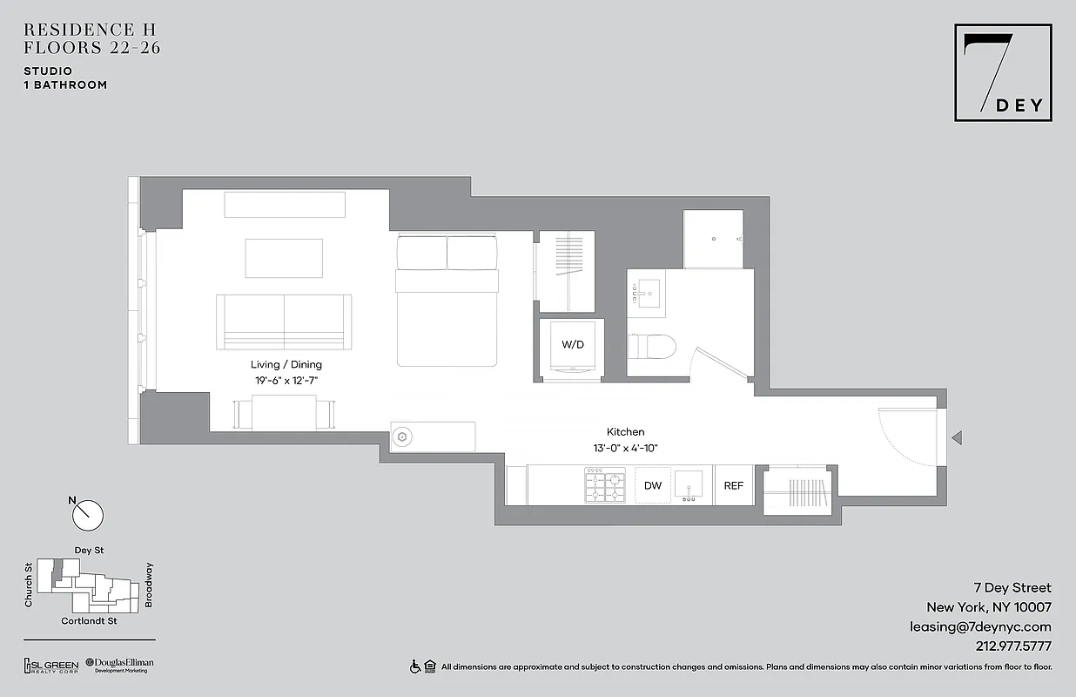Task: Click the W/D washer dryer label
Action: [x=572, y=345]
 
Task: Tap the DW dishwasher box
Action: [x=652, y=486]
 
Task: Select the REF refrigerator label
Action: [x=734, y=486]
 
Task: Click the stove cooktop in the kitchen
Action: [x=605, y=485]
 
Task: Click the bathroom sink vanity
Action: [x=645, y=294]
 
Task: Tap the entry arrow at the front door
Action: [x=956, y=437]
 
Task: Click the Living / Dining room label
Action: [x=286, y=364]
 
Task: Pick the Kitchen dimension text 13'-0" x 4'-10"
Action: [x=626, y=448]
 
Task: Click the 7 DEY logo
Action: [x=1003, y=72]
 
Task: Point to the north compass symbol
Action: [x=87, y=515]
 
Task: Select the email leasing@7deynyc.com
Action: [x=980, y=626]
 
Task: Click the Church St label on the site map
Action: [x=29, y=585]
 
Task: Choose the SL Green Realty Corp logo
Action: [x=50, y=666]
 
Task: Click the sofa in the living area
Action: [x=284, y=321]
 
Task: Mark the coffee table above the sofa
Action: [x=284, y=258]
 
